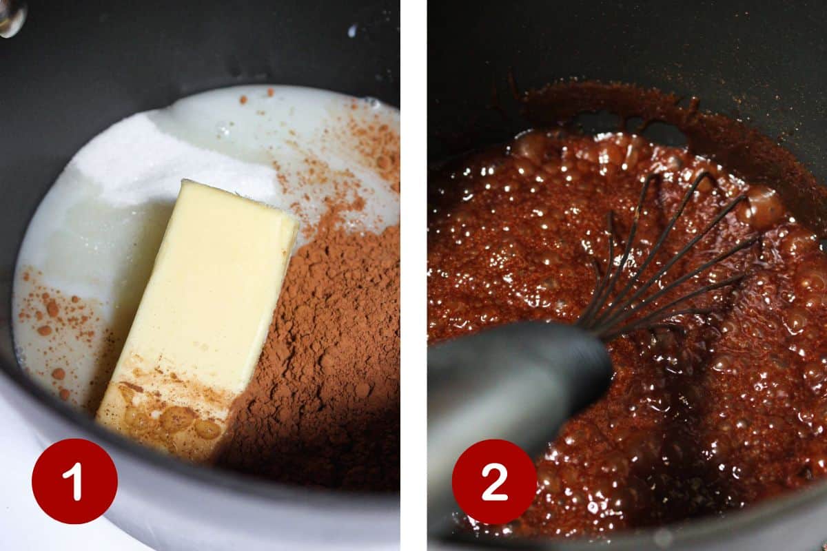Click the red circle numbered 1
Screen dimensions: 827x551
tap(74, 481)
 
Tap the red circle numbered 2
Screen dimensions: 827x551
tap(494, 481)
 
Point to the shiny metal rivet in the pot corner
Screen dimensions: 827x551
tap(11, 17)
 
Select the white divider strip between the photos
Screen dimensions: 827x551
tap(414, 275)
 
